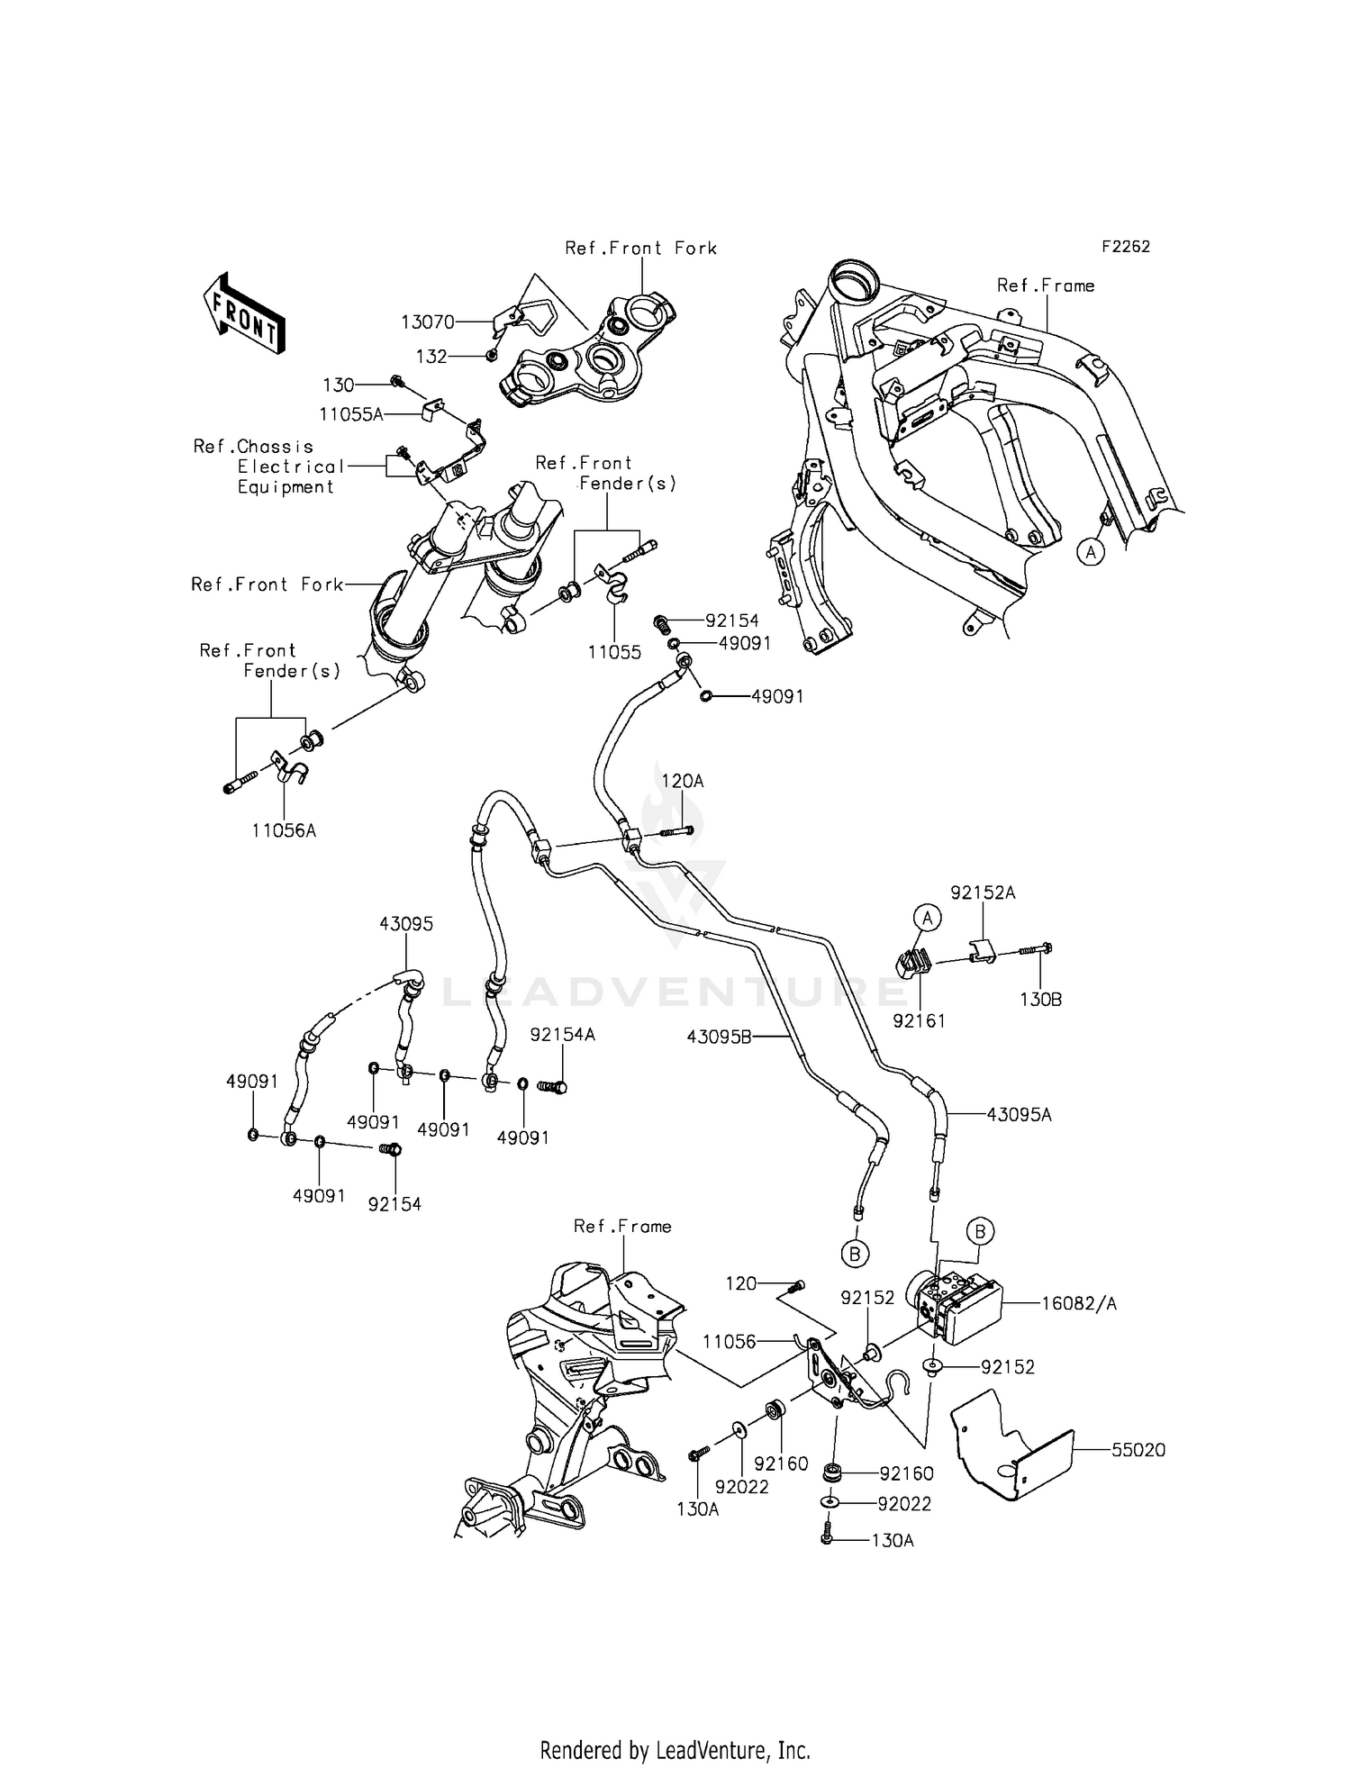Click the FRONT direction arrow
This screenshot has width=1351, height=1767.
pos(244,313)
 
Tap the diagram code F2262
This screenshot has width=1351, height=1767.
pos(1125,247)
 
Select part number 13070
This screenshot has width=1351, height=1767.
pos(428,322)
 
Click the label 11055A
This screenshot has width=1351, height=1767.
pos(351,414)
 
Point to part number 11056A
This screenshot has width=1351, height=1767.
pos(284,830)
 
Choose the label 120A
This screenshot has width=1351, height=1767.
pos(683,782)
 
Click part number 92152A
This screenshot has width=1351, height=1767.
pos(983,893)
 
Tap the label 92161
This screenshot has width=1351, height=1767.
pos(919,1020)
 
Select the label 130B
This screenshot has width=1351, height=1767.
pos(1040,1000)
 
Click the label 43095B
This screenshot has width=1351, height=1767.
pos(719,1037)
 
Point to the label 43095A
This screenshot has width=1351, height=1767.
pos(1019,1115)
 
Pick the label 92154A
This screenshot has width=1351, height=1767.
pos(562,1035)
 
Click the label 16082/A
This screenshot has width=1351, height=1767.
pos(1078,1303)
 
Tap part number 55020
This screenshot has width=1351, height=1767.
pos(1138,1450)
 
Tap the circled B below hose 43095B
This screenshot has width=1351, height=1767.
pos(855,1253)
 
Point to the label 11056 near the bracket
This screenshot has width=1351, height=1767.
pos(729,1342)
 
